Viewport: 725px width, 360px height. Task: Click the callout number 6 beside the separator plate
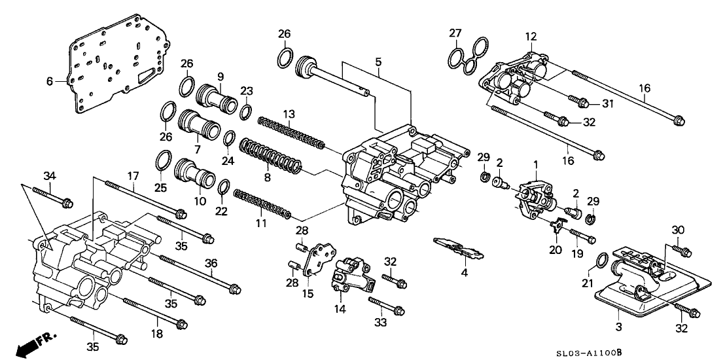click(x=50, y=81)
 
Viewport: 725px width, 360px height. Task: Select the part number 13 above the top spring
click(x=289, y=115)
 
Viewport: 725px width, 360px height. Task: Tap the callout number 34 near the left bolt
click(x=50, y=175)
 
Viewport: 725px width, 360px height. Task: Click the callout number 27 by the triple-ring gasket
click(x=455, y=33)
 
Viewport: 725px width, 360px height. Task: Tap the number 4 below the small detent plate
click(x=464, y=272)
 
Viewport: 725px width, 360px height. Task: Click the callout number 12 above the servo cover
click(x=531, y=35)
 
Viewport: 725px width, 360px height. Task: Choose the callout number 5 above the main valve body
click(x=378, y=61)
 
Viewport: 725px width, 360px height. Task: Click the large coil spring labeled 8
click(x=270, y=157)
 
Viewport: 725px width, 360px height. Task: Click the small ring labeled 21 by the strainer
click(x=601, y=261)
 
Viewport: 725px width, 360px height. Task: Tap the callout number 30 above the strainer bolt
click(x=678, y=230)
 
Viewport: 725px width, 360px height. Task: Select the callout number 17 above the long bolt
click(x=133, y=176)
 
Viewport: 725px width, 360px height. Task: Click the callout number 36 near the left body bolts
click(x=211, y=262)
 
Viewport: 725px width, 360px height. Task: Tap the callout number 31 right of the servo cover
click(x=607, y=103)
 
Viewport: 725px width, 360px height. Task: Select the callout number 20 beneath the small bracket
click(x=556, y=250)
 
